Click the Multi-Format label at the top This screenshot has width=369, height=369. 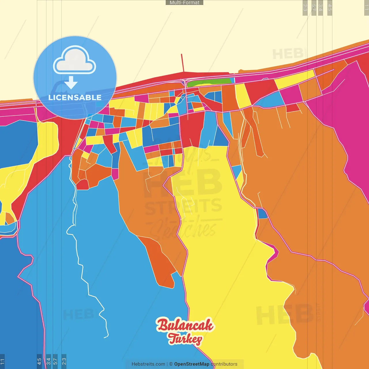184,3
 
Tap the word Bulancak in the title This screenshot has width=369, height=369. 185,325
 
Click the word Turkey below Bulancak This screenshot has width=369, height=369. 185,339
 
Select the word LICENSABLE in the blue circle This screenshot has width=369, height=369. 75,97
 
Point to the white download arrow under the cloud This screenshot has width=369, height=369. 71,83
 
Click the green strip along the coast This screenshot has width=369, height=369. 209,82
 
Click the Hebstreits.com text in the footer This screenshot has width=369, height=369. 148,364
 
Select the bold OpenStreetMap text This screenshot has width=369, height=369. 192,364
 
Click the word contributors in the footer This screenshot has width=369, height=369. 224,364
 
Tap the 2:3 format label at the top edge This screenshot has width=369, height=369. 305,7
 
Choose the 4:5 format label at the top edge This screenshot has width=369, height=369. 330,7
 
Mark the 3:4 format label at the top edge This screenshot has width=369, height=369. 321,7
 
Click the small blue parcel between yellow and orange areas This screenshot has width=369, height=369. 262,214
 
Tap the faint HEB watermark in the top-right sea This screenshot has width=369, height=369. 288,54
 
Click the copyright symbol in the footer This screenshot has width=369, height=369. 171,364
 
